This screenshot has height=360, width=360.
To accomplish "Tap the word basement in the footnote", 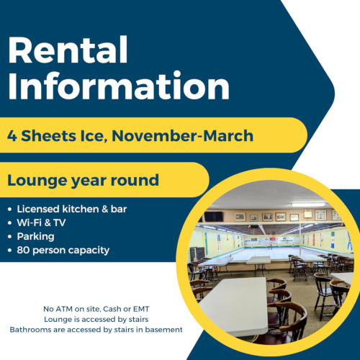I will click(x=161, y=329).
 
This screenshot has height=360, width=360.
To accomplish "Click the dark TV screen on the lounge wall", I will click(x=213, y=217).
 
